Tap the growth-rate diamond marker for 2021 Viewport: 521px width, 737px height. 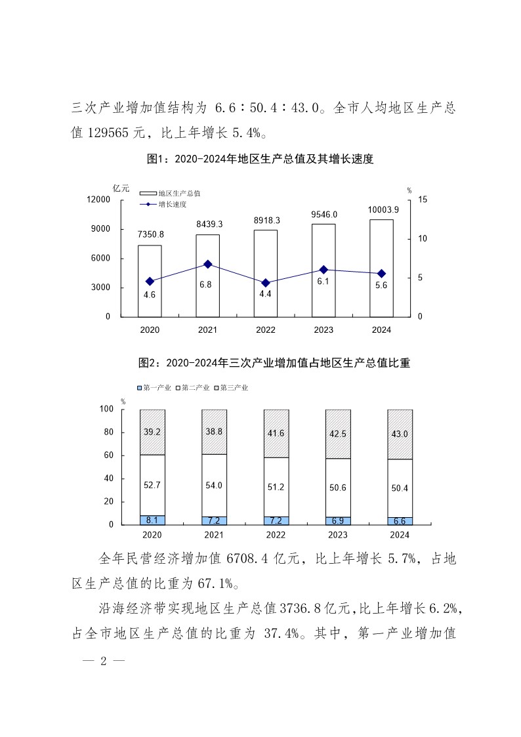click(x=208, y=264)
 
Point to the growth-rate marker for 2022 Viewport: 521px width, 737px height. click(x=265, y=283)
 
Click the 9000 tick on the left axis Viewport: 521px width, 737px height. click(x=100, y=229)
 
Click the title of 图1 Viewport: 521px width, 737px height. click(x=260, y=159)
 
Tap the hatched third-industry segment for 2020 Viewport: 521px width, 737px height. click(x=152, y=432)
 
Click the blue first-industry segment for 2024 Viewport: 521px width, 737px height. click(x=400, y=521)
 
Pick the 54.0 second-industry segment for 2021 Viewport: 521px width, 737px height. click(x=214, y=485)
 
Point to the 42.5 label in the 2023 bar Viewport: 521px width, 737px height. click(x=339, y=434)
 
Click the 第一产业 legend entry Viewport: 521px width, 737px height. click(x=155, y=388)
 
